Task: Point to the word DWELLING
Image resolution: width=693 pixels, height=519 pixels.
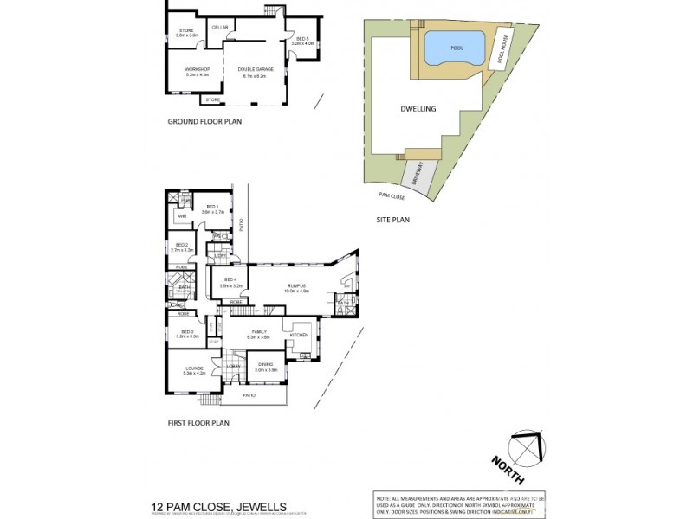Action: [418, 110]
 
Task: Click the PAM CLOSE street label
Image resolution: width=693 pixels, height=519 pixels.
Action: [392, 196]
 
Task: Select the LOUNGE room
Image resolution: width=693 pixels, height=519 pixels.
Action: [194, 370]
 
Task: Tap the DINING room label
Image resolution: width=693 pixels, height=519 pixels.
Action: [266, 366]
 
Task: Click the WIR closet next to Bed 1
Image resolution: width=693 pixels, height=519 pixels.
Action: [183, 216]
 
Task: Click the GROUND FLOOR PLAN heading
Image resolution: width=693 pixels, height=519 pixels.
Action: [204, 122]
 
